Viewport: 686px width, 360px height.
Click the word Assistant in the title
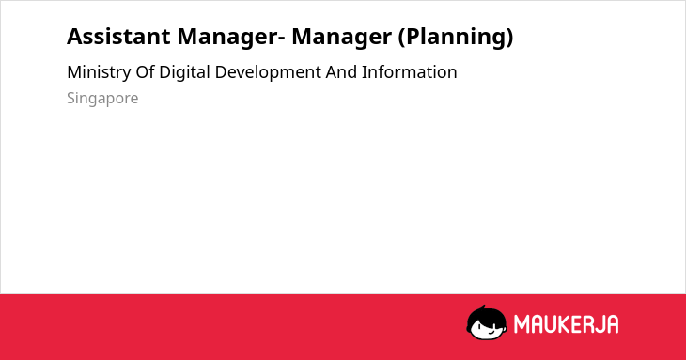[118, 37]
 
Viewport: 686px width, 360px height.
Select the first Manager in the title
[227, 38]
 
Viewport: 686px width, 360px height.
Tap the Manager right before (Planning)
[342, 38]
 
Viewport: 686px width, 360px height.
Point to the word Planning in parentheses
[456, 38]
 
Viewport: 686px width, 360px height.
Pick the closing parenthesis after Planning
[509, 38]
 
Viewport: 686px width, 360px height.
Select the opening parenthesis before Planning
[401, 38]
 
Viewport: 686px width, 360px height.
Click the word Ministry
[99, 72]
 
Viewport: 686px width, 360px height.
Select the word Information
[410, 72]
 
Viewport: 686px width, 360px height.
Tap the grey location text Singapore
[102, 99]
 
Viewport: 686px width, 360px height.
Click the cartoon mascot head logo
[487, 323]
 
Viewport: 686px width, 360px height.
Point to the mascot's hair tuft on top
[483, 308]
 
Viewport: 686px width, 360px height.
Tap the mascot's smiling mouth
[491, 333]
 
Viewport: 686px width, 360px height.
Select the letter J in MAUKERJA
[601, 324]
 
